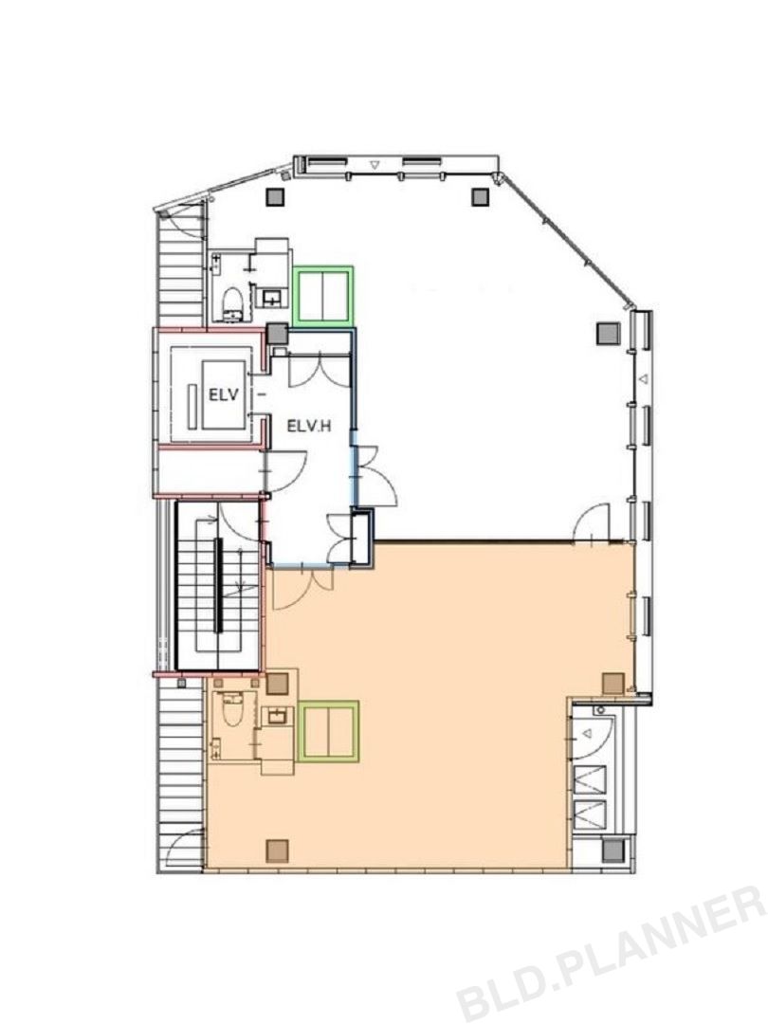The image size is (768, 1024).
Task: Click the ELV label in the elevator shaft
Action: (224, 394)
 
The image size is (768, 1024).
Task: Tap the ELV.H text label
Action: (309, 427)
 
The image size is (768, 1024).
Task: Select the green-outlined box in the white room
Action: (323, 295)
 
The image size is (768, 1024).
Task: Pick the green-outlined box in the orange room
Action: (328, 731)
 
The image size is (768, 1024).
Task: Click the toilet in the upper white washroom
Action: (233, 305)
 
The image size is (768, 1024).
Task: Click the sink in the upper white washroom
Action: (273, 299)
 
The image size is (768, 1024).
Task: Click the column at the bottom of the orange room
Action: (277, 850)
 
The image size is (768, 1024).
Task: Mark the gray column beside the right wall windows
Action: (608, 334)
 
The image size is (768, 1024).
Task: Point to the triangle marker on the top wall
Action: (375, 165)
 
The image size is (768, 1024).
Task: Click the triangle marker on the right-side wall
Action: (643, 378)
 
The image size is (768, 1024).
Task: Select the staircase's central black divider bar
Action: (219, 585)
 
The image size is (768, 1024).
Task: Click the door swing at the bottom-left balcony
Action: (184, 848)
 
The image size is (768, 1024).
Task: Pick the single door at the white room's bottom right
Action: (591, 522)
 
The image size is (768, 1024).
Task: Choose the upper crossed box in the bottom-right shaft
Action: (589, 779)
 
